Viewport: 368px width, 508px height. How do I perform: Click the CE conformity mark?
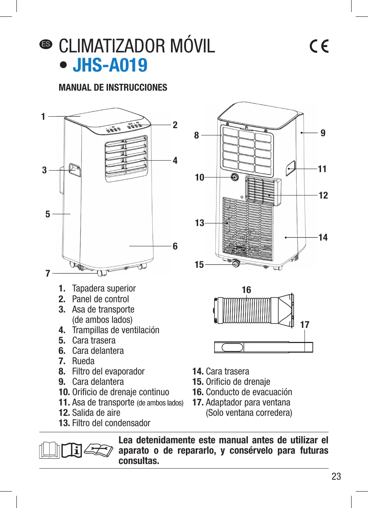[319, 46]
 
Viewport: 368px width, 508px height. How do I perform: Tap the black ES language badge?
[46, 44]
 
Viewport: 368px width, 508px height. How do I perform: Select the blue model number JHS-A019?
[110, 65]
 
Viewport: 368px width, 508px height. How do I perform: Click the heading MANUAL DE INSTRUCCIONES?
[113, 88]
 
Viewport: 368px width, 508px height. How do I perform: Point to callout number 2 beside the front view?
[175, 125]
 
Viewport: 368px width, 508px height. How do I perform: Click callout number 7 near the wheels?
[48, 273]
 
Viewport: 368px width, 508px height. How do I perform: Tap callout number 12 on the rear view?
[323, 195]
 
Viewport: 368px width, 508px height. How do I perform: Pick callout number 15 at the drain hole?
[199, 265]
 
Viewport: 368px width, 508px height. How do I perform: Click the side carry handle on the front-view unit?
[75, 170]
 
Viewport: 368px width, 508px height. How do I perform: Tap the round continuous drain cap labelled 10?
[234, 177]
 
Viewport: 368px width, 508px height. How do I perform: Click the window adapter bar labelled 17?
[263, 347]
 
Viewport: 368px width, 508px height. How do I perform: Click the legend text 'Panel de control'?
[100, 299]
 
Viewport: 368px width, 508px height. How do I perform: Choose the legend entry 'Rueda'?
[83, 361]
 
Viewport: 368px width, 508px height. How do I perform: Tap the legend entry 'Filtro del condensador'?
[111, 423]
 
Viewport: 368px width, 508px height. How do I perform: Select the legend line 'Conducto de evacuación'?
[249, 392]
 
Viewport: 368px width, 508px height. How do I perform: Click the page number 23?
[336, 476]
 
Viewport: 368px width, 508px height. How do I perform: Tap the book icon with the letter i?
[72, 450]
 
